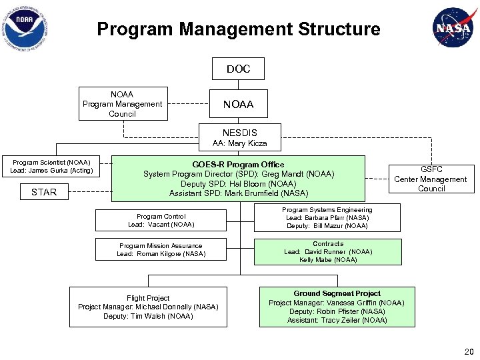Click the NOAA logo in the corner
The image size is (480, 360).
coord(25,28)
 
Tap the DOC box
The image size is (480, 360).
coord(238,69)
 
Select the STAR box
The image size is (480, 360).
coord(44,192)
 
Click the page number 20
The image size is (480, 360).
coord(469,352)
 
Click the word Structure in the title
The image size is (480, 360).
coord(339,29)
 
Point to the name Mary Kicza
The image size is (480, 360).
coord(247,143)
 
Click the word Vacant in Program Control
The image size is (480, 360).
coord(158,225)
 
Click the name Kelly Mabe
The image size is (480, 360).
coord(315,260)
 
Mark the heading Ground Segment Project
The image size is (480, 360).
coord(337,293)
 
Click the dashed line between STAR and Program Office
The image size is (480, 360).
coord(90,191)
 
